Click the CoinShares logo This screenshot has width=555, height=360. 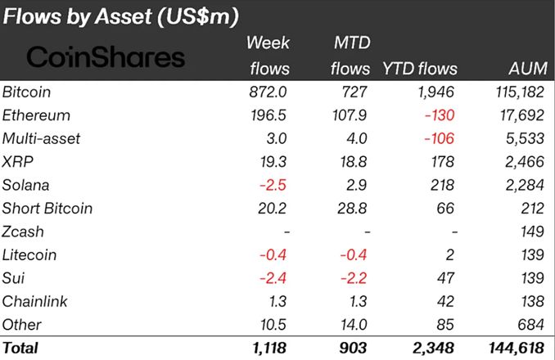pos(106,56)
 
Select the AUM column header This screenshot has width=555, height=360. pos(521,69)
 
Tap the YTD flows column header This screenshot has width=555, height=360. pos(420,69)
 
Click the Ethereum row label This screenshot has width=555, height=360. pos(37,115)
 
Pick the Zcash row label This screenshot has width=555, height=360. pos(25,232)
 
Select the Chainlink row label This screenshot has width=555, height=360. pos(34,301)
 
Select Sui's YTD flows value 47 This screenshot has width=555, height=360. pos(446,278)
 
